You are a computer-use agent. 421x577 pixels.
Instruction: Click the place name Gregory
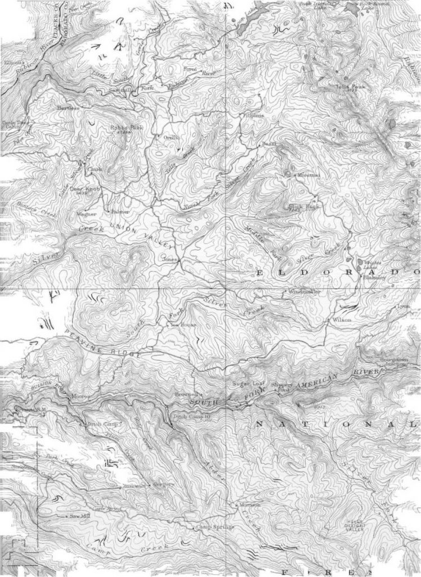[163, 484]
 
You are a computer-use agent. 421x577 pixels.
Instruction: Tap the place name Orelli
[171, 137]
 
